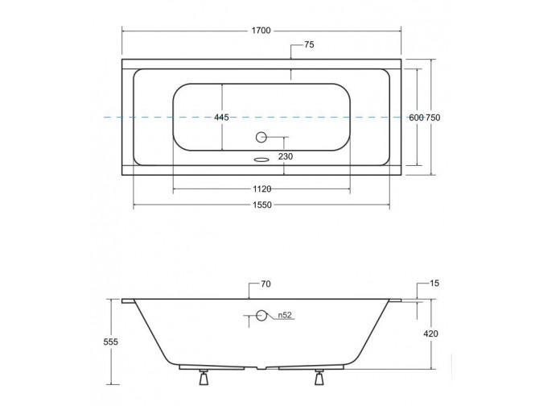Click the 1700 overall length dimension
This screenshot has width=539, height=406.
261,31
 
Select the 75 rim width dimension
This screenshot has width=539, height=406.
309,45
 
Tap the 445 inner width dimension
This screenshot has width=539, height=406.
221,118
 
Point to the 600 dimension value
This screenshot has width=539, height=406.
415,118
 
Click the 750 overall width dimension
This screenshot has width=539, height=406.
433,118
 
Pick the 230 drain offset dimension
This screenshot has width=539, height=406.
286,156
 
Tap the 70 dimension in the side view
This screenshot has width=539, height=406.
265,284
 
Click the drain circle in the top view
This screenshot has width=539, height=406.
261,138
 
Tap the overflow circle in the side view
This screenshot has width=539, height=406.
261,315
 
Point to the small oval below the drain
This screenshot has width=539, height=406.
260,159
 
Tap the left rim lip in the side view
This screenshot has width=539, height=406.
128,302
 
